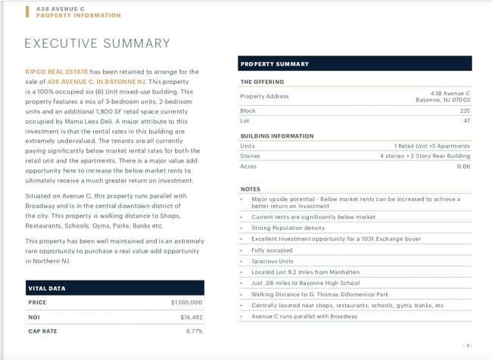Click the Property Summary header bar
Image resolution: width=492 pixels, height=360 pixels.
355,64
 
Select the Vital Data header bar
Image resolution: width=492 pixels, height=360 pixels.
114,287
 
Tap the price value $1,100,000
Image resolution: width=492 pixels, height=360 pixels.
186,303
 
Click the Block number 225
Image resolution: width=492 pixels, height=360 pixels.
465,110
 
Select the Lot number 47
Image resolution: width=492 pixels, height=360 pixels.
466,121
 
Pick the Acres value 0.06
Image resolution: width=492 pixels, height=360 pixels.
463,166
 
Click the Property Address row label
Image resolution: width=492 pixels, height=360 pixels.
264,96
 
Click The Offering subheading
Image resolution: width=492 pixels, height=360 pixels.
262,82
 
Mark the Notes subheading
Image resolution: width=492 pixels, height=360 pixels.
250,189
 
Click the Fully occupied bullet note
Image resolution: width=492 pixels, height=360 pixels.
272,250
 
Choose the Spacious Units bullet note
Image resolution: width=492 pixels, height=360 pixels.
272,261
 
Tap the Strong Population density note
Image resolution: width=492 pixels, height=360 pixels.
288,228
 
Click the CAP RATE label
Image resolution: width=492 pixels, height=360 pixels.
42,331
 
